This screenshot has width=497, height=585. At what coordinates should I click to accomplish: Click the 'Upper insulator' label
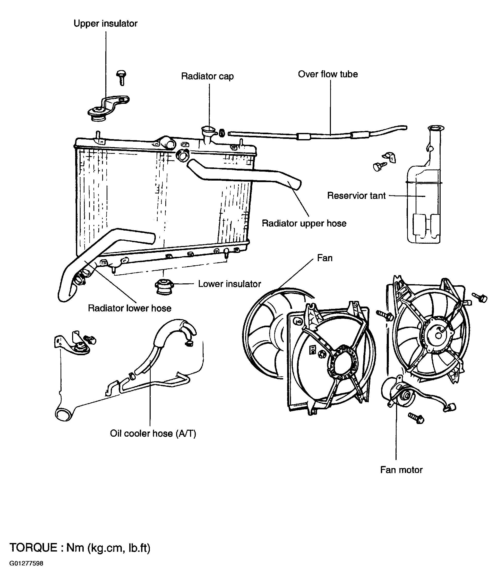[105, 24]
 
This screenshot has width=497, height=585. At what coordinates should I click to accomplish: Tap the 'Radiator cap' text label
[207, 76]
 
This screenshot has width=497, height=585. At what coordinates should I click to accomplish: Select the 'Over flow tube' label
[328, 74]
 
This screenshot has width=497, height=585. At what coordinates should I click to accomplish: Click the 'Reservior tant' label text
[356, 196]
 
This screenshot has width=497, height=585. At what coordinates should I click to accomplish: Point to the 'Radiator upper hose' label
[304, 223]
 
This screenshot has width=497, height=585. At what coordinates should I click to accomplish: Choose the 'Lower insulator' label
[230, 284]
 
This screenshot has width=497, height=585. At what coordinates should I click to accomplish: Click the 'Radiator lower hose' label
[130, 308]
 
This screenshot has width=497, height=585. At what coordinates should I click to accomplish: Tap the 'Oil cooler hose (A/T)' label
[153, 433]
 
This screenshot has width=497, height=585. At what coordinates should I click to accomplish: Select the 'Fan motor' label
[401, 470]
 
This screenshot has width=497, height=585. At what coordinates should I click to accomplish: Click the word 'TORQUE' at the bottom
[33, 548]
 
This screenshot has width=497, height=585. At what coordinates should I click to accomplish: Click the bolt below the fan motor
[416, 418]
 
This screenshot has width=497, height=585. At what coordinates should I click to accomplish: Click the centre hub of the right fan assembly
[438, 335]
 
